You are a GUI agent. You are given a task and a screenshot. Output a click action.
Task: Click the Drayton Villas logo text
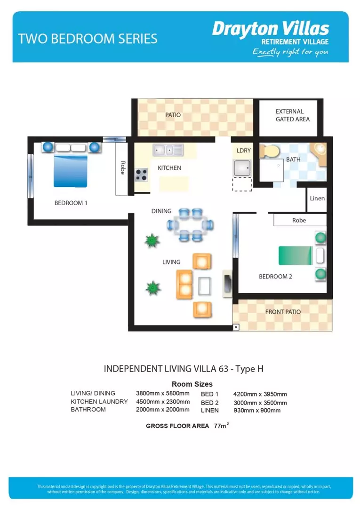click(270, 29)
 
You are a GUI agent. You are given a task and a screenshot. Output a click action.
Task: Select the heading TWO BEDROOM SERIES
click(88, 39)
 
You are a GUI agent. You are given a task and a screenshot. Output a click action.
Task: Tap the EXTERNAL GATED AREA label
click(292, 115)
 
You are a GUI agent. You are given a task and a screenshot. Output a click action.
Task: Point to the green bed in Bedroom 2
click(295, 255)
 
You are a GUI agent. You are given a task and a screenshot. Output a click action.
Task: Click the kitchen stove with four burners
click(141, 175)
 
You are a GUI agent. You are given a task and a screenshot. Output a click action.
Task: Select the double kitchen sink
click(168, 151)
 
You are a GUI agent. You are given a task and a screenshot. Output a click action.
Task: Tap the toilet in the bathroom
click(271, 151)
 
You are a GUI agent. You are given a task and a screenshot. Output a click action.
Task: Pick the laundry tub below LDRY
click(242, 168)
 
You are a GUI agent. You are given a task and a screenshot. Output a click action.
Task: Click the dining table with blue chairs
click(191, 225)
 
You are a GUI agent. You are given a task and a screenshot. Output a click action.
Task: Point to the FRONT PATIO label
click(283, 312)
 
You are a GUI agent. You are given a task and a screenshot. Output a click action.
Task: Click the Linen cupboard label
click(317, 198)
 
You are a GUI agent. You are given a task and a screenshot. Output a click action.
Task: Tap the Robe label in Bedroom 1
click(122, 168)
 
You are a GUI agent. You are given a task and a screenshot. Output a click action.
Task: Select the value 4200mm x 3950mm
click(260, 394)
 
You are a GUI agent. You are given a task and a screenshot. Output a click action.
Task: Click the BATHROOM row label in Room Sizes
click(88, 410)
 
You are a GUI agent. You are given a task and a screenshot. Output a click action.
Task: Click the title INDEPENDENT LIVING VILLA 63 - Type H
click(184, 369)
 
